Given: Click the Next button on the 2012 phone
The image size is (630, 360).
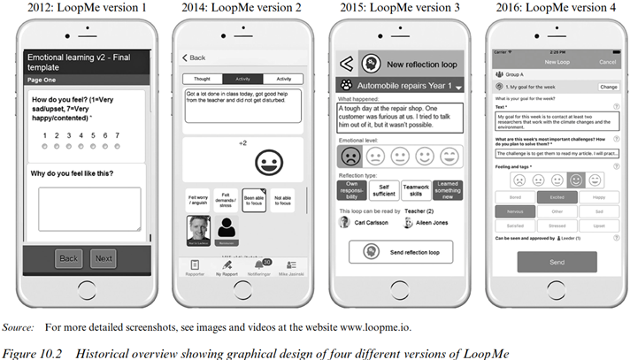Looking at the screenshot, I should click(x=104, y=258).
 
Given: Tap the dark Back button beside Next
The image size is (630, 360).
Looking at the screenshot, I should click(x=69, y=258).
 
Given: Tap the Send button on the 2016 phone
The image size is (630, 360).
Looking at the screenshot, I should click(x=557, y=262).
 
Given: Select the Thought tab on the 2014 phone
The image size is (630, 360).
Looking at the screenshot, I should click(x=203, y=79).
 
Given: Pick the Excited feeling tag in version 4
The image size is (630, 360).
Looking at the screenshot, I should click(x=557, y=197).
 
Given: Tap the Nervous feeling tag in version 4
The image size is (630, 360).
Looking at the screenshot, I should click(x=515, y=211).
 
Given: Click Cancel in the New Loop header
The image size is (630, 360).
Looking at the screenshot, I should click(x=608, y=62).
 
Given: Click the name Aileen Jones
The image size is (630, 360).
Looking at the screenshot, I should click(x=427, y=223).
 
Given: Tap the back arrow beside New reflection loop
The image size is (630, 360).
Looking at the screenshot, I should click(x=347, y=64).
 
